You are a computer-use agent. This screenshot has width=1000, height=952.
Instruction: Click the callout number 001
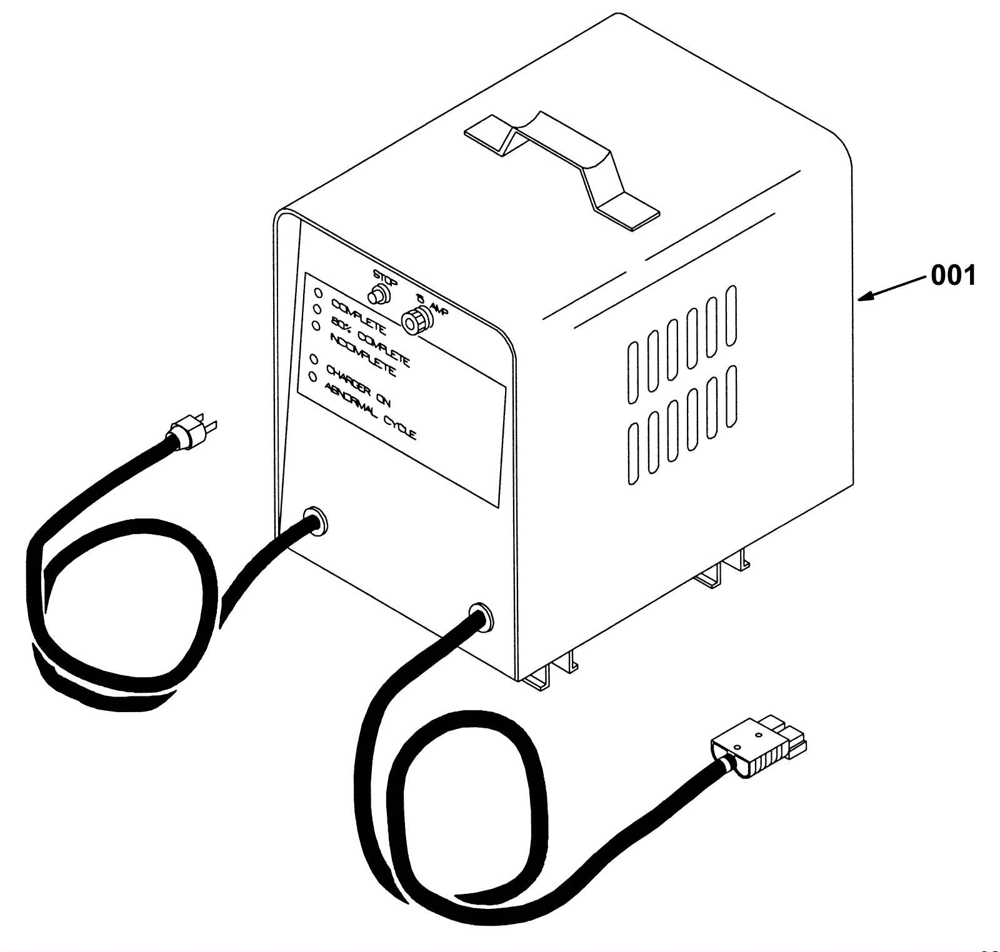pyautogui.click(x=953, y=275)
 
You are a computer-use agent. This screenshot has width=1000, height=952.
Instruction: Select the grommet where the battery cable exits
pyautogui.click(x=480, y=616)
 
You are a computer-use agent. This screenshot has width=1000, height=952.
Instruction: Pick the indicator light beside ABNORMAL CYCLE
pyautogui.click(x=312, y=377)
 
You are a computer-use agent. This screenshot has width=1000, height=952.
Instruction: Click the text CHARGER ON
pyautogui.click(x=358, y=387)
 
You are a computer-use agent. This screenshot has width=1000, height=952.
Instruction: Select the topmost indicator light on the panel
pyautogui.click(x=317, y=292)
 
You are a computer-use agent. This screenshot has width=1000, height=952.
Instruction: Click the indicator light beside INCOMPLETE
pyautogui.click(x=316, y=325)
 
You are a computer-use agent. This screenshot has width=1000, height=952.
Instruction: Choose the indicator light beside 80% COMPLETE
pyautogui.click(x=317, y=309)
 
